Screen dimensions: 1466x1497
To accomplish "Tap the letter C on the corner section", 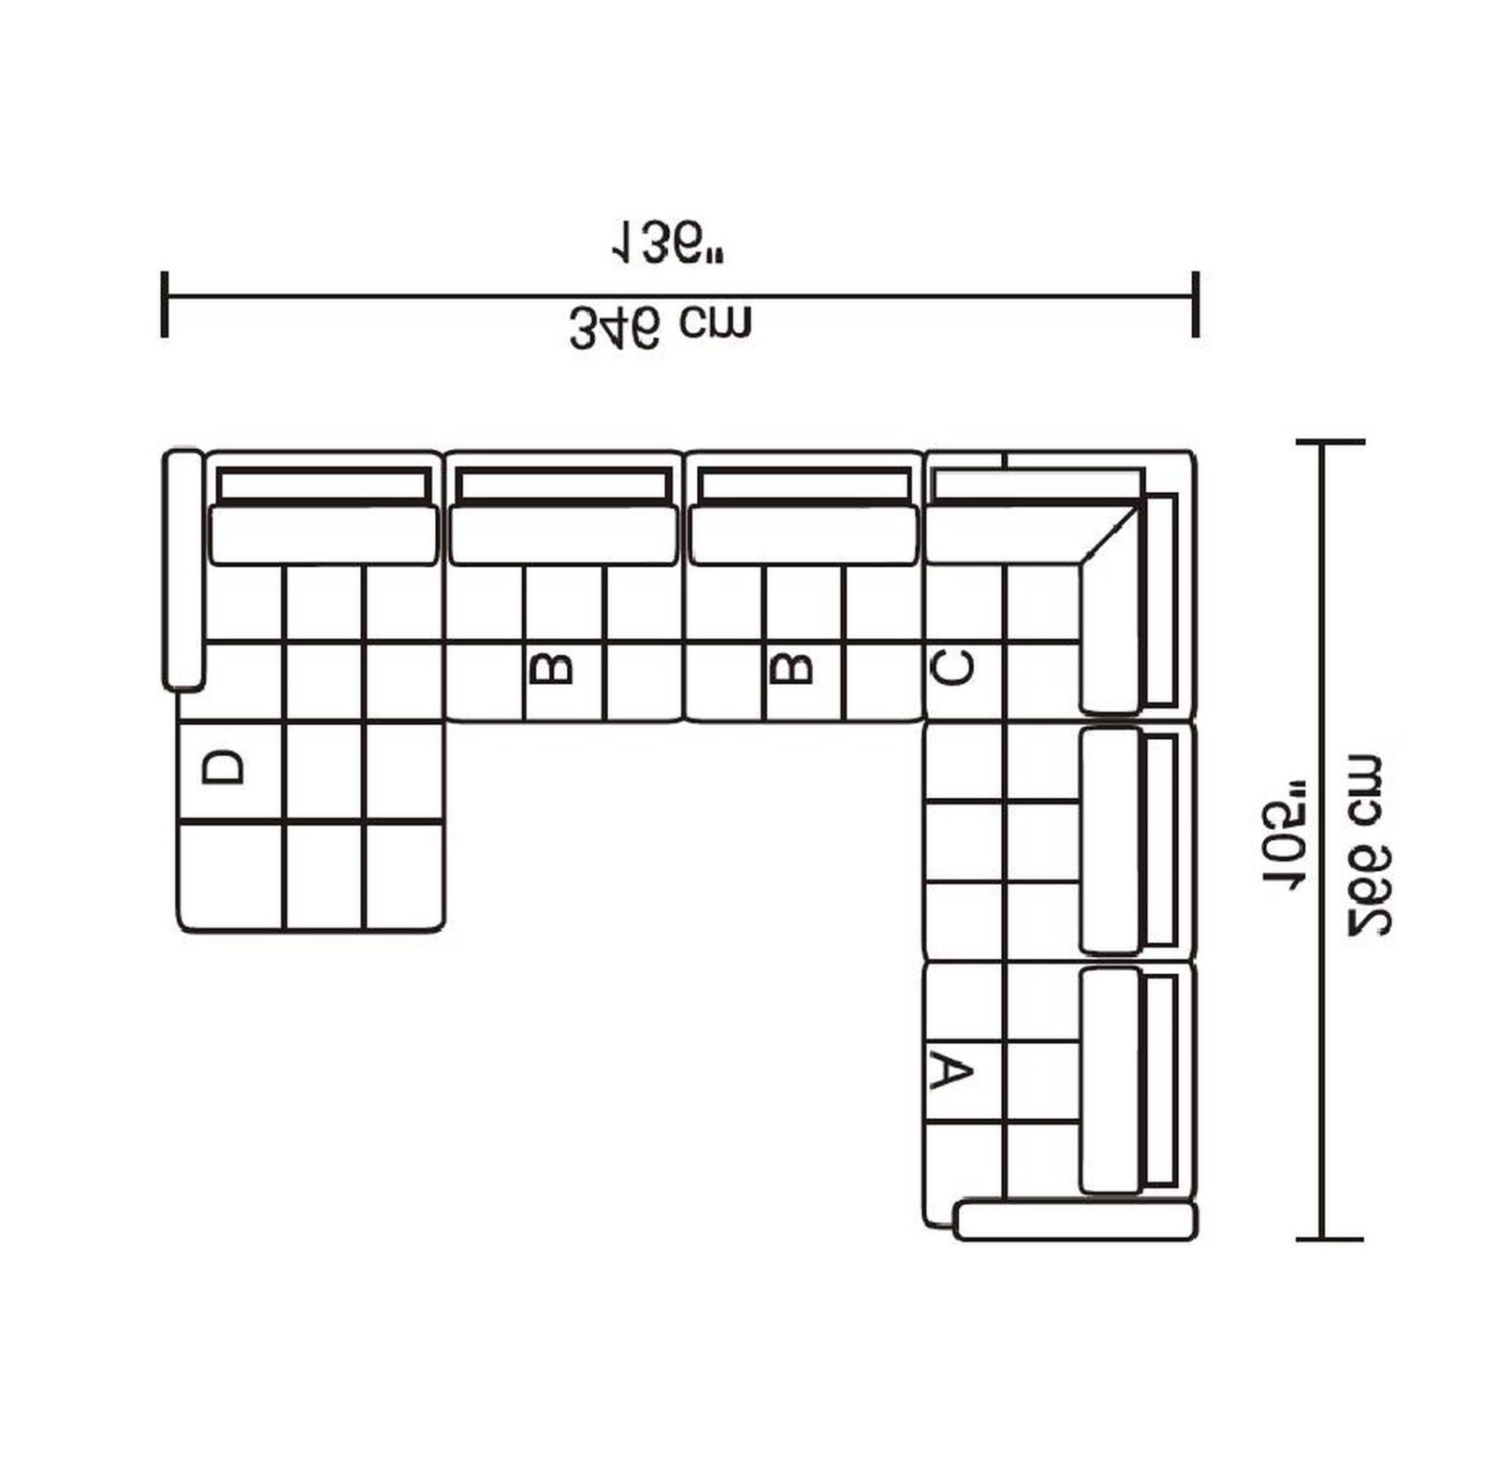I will click(953, 668).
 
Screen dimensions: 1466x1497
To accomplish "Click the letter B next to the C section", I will click(792, 668).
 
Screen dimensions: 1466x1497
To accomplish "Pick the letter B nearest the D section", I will click(552, 668).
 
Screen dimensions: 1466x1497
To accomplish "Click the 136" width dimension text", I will click(668, 243).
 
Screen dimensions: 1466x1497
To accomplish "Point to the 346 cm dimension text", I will click(661, 327).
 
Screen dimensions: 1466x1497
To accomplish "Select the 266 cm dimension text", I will click(1367, 847).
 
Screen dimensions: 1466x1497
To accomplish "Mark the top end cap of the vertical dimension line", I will click(1329, 442).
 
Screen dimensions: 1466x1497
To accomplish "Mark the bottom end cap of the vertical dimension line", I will click(1329, 1240).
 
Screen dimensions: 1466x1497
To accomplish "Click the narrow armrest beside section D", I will click(182, 571).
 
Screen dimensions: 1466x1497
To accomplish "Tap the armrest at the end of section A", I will click(1074, 1221).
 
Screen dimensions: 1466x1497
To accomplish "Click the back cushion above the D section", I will click(323, 535).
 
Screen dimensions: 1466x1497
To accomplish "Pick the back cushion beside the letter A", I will click(1110, 1081).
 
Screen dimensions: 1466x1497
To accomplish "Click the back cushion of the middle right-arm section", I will click(1110, 840).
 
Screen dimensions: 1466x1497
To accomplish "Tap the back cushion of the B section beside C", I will click(803, 535).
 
